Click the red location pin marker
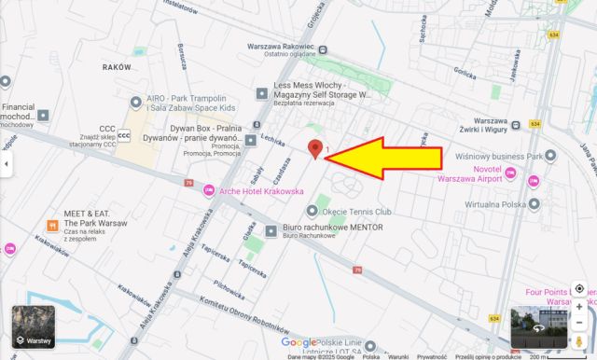[x=316, y=149]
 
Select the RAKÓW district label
[x=117, y=67]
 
